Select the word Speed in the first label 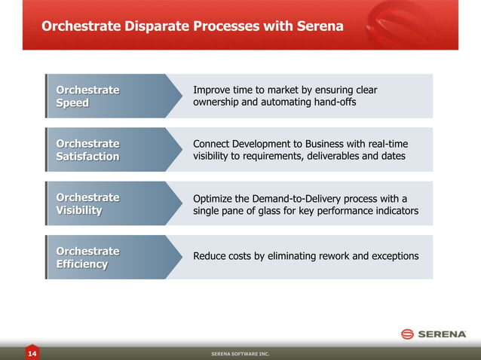coord(72,103)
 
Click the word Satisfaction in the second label coord(87,157)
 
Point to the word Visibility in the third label coord(78,210)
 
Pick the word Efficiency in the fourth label coord(81,264)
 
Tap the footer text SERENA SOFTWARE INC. coord(240,353)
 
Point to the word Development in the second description coord(267,144)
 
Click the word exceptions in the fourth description coord(393,257)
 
